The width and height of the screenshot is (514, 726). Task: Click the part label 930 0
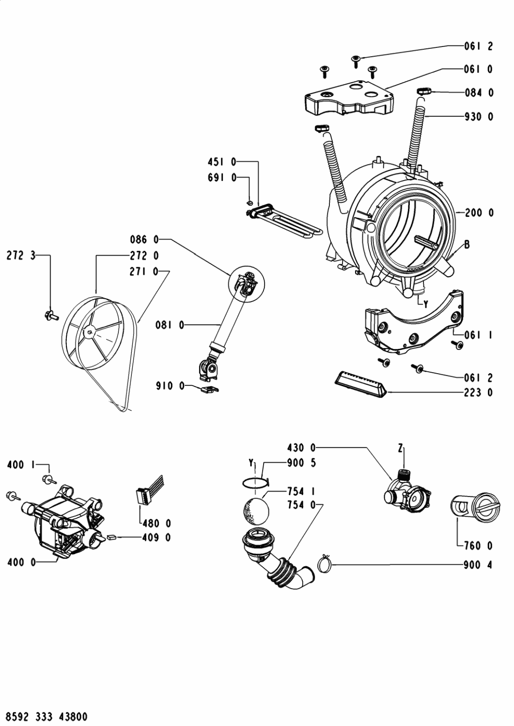coord(479,116)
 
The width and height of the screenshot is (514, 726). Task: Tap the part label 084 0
coord(479,93)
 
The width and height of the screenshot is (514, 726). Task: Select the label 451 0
coord(222,162)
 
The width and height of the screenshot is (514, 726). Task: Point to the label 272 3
coord(21,256)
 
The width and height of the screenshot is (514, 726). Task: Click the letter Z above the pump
coord(401,449)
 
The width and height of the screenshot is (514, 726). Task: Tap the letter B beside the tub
coord(467,244)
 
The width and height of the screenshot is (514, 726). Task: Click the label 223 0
coord(479,393)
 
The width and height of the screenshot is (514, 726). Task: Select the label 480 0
coord(157,523)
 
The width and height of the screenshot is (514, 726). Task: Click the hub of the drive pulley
coord(90,332)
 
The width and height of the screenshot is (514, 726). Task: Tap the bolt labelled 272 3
coord(51,315)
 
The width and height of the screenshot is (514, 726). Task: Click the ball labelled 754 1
coord(256,512)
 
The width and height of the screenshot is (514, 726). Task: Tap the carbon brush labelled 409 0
coord(111,537)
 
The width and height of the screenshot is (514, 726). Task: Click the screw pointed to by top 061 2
coord(356,61)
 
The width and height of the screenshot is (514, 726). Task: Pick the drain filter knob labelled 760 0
coord(486,509)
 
